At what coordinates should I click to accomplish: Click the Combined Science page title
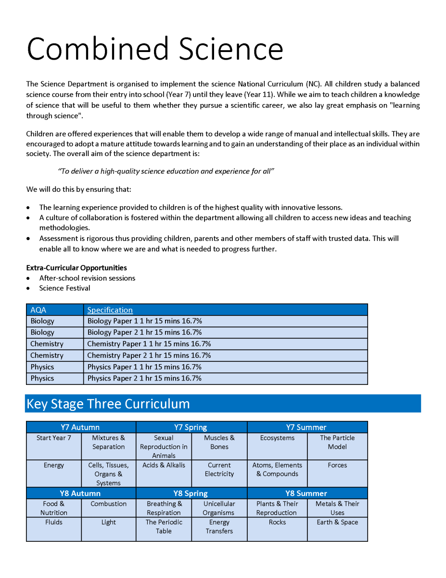click(154, 49)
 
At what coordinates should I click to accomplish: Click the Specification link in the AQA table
click(110, 310)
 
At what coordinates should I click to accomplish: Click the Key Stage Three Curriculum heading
click(108, 404)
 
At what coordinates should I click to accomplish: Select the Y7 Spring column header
click(191, 427)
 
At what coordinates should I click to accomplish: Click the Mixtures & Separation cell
click(109, 442)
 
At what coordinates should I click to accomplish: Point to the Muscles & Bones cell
click(219, 442)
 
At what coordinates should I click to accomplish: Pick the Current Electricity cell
click(219, 470)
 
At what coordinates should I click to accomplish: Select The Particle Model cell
click(337, 442)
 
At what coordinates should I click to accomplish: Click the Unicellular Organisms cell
click(219, 508)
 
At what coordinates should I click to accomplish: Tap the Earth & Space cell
click(337, 522)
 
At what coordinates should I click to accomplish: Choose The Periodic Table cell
click(164, 526)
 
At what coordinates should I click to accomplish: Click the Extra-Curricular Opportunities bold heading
click(76, 268)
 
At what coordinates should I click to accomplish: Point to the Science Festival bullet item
click(64, 288)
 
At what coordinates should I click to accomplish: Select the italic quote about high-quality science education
click(166, 171)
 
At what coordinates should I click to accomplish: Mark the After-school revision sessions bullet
click(87, 278)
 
